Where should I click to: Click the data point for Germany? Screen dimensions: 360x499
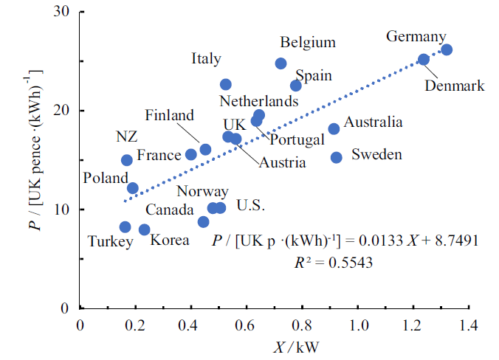point(446,49)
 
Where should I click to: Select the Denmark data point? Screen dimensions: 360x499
point(424,60)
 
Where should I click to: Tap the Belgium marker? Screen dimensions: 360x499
point(281,63)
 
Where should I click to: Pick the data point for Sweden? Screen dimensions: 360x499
point(336,157)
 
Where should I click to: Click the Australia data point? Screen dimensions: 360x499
point(334,129)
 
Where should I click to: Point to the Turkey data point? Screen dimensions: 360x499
point(125,227)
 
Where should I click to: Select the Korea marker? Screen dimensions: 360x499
point(144,230)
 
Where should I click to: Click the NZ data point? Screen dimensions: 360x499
point(126,160)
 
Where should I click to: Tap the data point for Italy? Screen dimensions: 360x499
point(225,85)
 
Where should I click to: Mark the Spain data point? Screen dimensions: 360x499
point(295,86)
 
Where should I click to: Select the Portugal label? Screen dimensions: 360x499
point(297,139)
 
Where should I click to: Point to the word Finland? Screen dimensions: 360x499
point(169,115)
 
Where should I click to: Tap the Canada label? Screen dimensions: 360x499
point(170,210)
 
